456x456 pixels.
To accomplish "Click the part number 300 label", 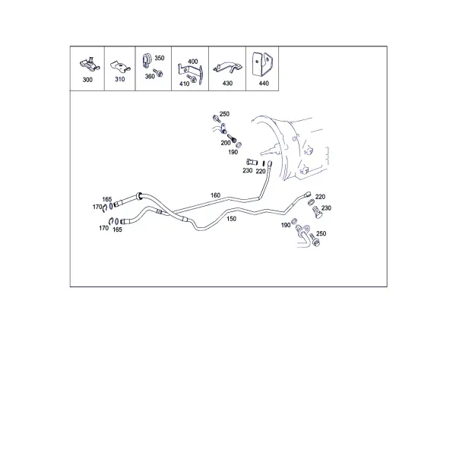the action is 87,80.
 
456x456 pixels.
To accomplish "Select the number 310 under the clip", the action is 120,79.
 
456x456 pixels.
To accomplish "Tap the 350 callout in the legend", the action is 160,58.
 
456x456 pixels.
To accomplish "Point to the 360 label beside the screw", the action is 150,77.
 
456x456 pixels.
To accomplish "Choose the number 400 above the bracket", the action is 193,62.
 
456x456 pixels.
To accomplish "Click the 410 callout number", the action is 185,84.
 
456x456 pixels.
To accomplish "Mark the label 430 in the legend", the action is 227,83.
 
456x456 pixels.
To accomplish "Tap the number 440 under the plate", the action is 264,83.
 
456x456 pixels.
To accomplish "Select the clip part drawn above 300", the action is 90,65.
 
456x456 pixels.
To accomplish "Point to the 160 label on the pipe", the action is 216,195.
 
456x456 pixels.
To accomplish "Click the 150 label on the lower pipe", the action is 232,219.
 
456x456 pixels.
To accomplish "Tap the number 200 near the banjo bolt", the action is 226,143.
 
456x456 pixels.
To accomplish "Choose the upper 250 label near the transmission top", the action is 224,114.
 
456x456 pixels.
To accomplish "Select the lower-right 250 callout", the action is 321,233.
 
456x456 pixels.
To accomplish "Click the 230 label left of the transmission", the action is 248,170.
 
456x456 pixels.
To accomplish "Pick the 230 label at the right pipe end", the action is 326,208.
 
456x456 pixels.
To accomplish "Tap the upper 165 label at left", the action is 107,199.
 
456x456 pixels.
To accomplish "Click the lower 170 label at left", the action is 104,228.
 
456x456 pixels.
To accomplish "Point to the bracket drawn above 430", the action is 228,68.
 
